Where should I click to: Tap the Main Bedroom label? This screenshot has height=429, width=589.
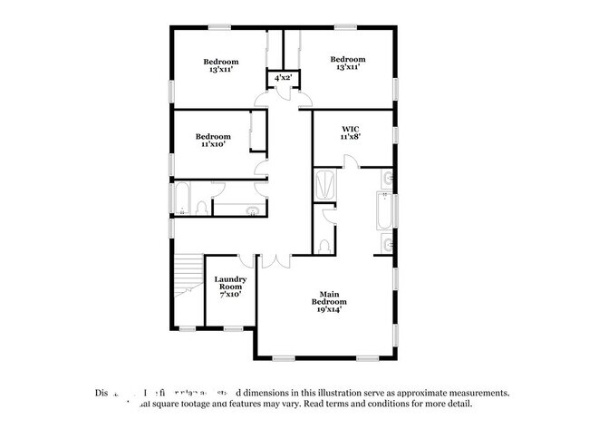click(329, 302)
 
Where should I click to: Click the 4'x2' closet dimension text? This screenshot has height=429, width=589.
click(283, 78)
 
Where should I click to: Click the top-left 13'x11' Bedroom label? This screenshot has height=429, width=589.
click(220, 64)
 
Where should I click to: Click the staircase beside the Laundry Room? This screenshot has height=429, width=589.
click(188, 276)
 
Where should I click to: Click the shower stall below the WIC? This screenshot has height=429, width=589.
click(325, 186)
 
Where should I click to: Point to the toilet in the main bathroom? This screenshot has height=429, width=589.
click(324, 245)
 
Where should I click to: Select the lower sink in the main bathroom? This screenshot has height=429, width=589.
click(388, 243)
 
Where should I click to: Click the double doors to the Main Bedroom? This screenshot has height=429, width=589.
click(275, 260)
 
